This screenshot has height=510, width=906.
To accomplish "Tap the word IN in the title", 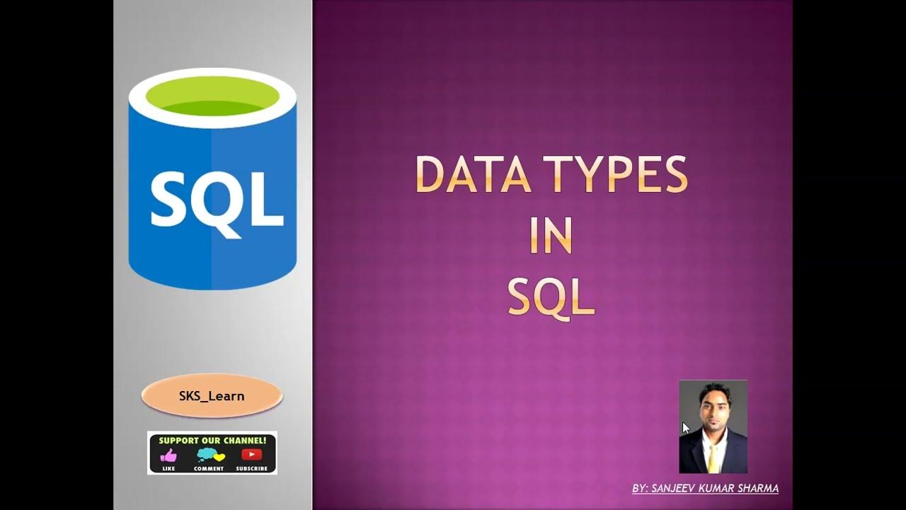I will pos(551,236).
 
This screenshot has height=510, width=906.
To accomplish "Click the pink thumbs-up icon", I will pos(168,455).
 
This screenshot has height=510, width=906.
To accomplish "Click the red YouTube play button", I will pos(251,455).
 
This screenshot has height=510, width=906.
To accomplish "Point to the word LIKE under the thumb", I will pos(168,468).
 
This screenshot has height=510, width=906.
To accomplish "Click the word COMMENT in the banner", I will pos(209,468).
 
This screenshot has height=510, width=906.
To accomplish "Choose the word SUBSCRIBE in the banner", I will pos(252,468).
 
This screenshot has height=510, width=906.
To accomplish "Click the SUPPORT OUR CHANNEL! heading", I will pos(212,440).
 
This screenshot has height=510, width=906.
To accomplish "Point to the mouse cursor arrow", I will pos(685,427).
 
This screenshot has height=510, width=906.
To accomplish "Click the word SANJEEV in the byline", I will pos(672,489).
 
